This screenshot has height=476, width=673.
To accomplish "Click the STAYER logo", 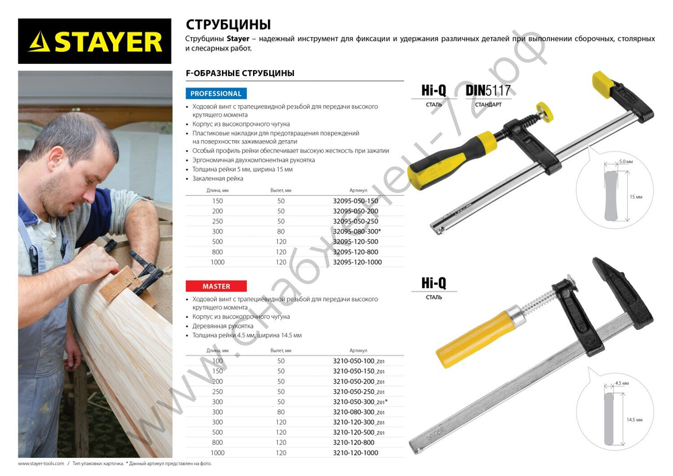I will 95,41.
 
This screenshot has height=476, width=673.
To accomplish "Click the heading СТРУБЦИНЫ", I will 228,25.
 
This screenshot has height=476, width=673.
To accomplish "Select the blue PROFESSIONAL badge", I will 215,94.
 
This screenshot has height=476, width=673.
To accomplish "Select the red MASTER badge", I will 215,286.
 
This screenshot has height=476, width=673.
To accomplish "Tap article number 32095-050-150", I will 355,201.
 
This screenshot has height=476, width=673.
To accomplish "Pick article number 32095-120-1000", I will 357,262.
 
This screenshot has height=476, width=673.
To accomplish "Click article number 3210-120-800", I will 355,442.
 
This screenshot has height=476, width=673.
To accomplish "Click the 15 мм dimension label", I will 636,197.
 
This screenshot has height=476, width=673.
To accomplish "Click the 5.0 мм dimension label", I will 625,162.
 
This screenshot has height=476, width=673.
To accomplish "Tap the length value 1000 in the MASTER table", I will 217,452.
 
